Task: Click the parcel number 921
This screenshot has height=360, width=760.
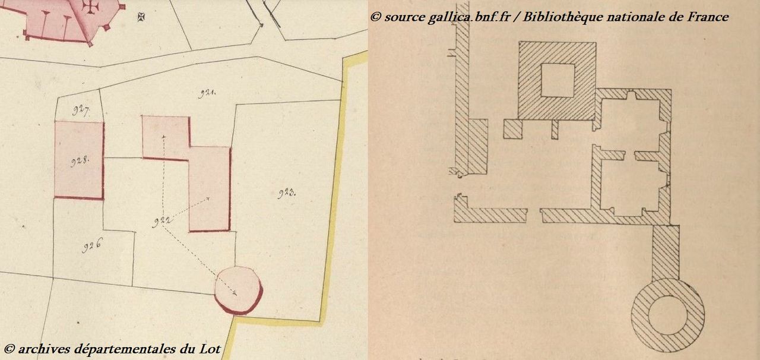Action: click(x=207, y=93)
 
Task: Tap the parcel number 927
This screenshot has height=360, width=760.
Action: click(x=81, y=110)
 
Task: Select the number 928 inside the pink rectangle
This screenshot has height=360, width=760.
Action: click(x=80, y=162)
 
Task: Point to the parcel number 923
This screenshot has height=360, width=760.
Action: click(x=287, y=194)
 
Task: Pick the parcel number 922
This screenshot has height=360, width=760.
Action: click(x=161, y=222)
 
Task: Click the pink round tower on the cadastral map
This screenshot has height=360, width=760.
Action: click(x=239, y=290)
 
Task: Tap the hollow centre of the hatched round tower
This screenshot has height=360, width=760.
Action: click(x=668, y=315)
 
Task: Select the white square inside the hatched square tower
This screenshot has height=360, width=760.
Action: click(x=558, y=80)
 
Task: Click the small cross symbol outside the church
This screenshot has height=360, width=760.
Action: click(x=141, y=17)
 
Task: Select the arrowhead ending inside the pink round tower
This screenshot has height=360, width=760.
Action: click(x=235, y=293)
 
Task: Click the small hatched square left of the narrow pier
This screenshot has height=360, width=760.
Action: click(x=512, y=129)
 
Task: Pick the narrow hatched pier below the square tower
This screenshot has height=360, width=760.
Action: click(x=555, y=130)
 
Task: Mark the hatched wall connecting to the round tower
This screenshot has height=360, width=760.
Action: click(x=666, y=252)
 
